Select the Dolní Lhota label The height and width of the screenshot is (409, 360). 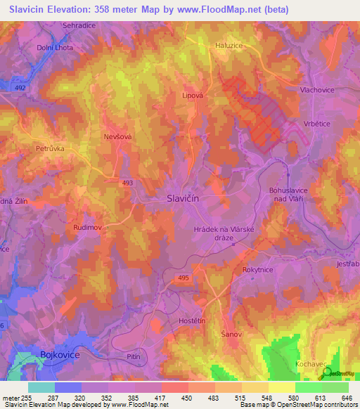coord(55,48)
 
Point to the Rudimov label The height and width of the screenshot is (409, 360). coord(89,228)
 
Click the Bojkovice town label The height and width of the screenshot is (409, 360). coord(60,356)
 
